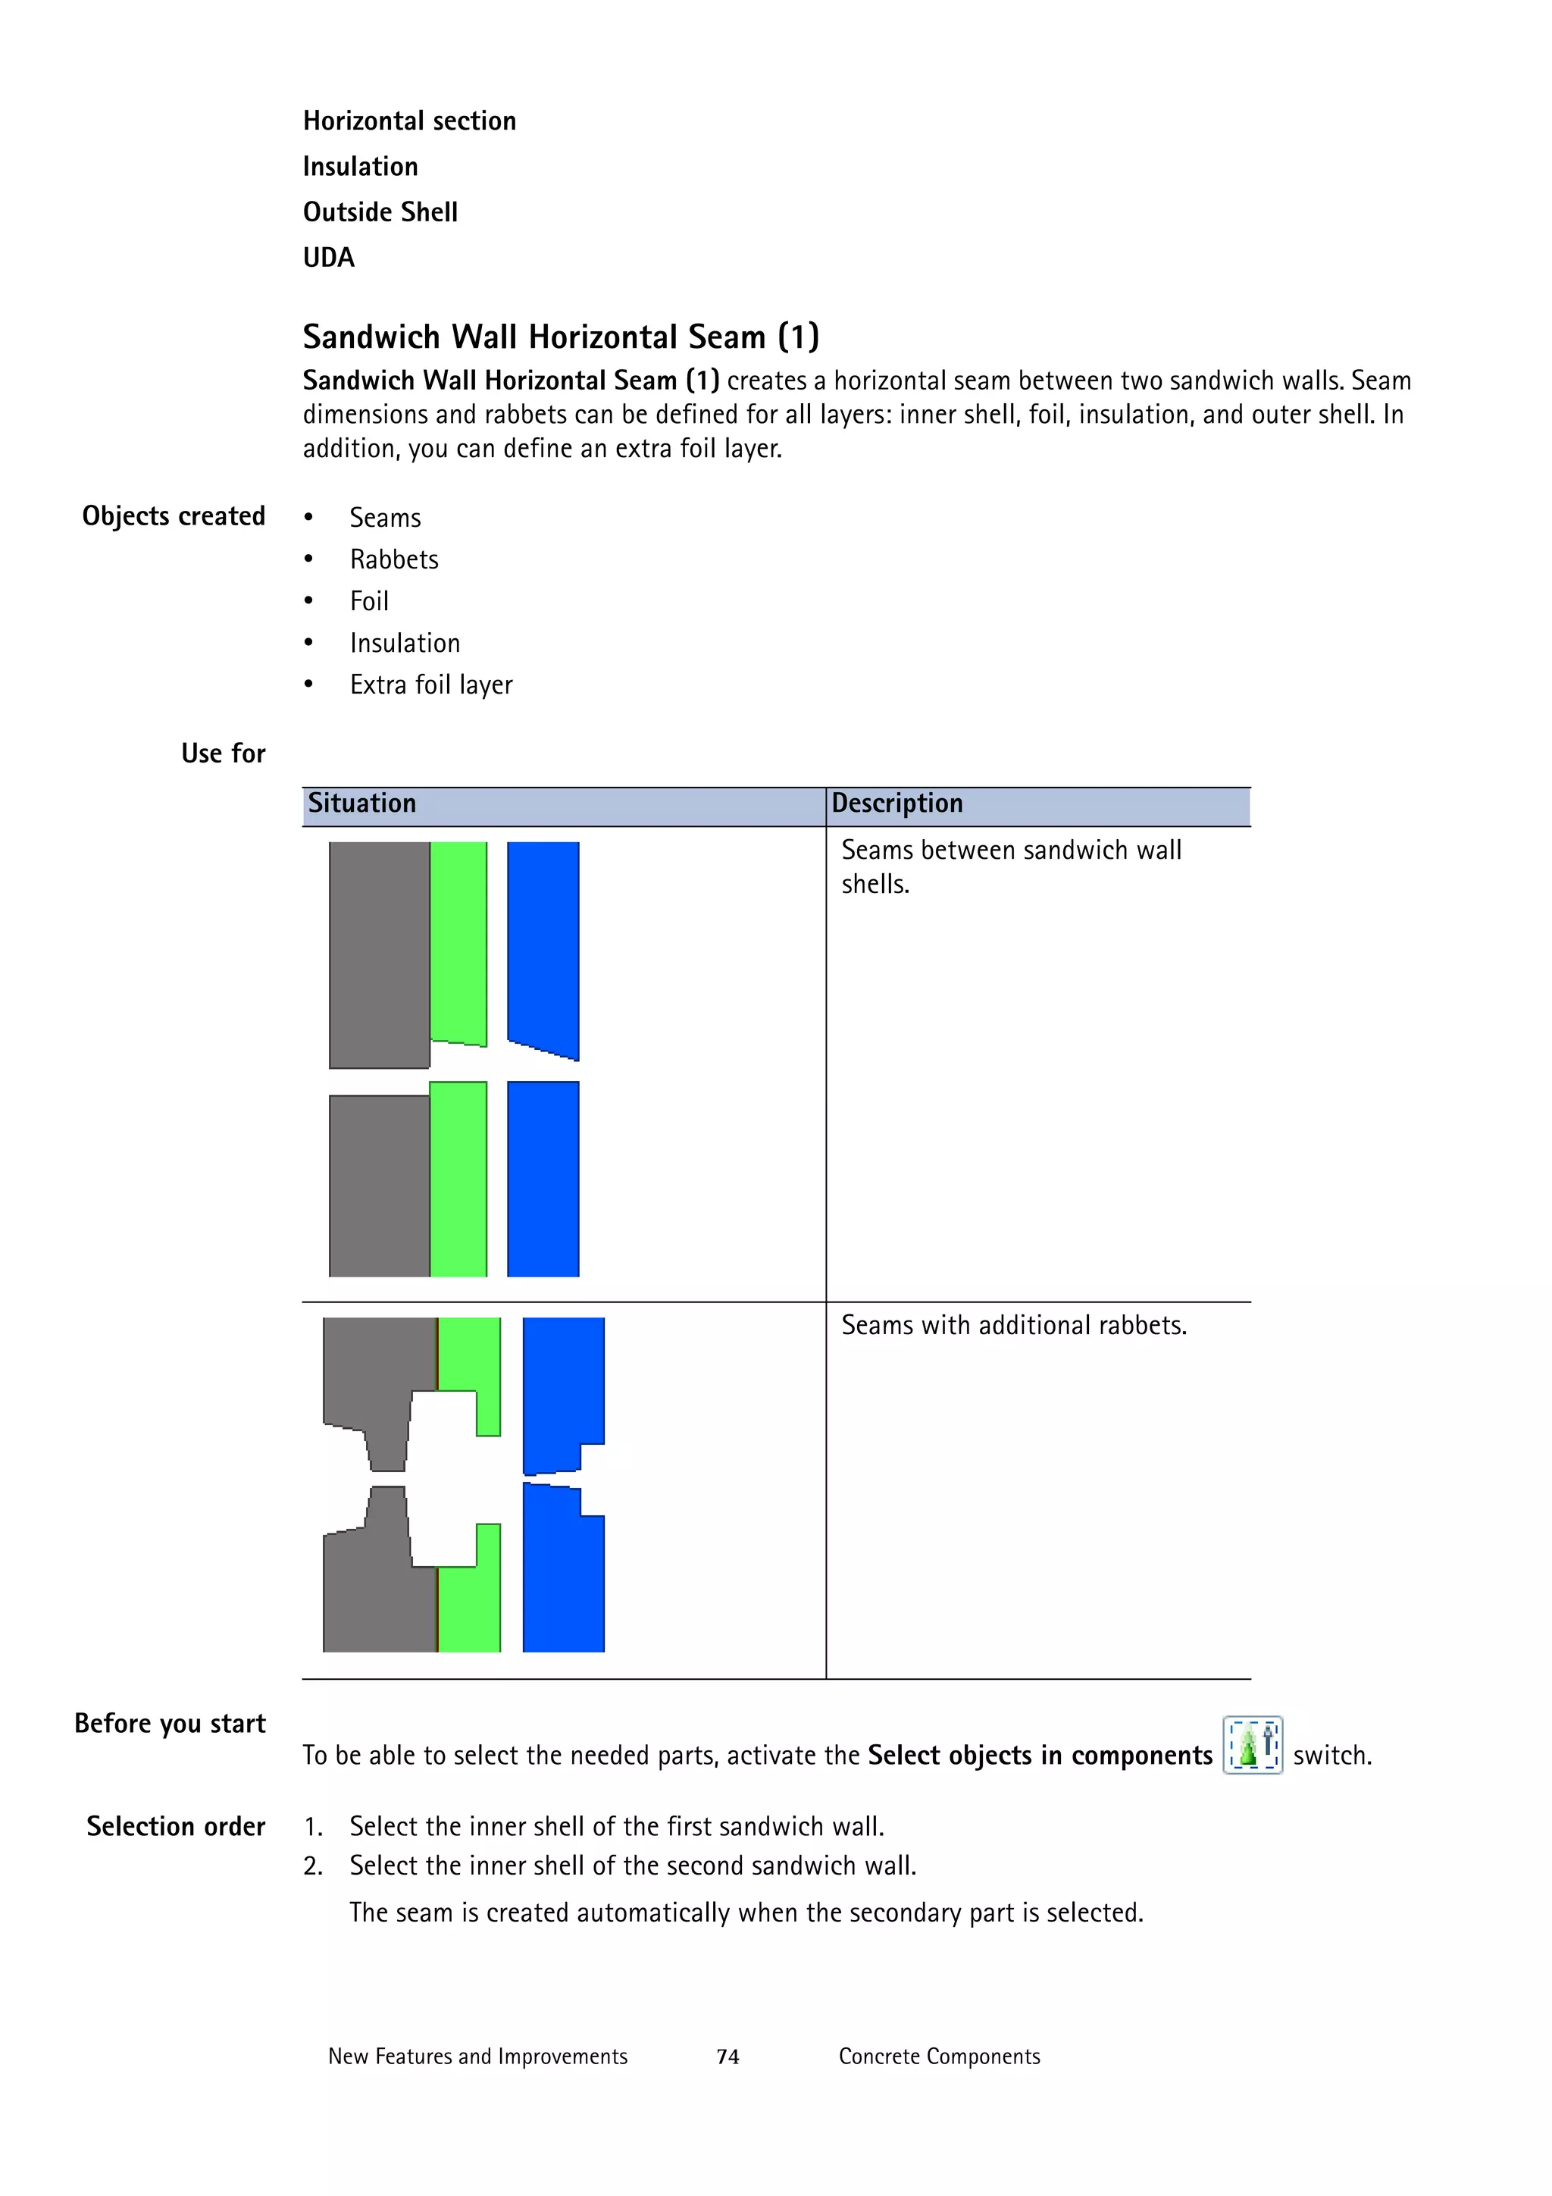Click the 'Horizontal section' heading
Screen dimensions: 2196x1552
[409, 121]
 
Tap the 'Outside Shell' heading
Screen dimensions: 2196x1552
[380, 211]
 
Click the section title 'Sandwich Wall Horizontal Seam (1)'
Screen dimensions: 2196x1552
[560, 337]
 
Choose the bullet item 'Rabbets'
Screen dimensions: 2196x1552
[394, 559]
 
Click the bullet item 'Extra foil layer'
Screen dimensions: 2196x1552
[430, 684]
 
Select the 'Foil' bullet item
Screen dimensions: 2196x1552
[369, 602]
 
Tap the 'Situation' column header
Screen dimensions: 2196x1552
[361, 804]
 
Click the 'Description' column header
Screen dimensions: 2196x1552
[897, 804]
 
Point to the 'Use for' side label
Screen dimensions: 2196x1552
[223, 753]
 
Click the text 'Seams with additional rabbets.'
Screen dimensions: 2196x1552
[1014, 1326]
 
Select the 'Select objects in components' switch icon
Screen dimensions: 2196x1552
[1252, 1746]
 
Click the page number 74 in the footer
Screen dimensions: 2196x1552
[727, 2057]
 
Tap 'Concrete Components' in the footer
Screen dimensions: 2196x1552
[939, 2057]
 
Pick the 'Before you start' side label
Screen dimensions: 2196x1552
[171, 1724]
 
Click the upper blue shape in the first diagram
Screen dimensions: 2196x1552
[542, 942]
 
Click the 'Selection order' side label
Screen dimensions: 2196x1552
[176, 1827]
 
